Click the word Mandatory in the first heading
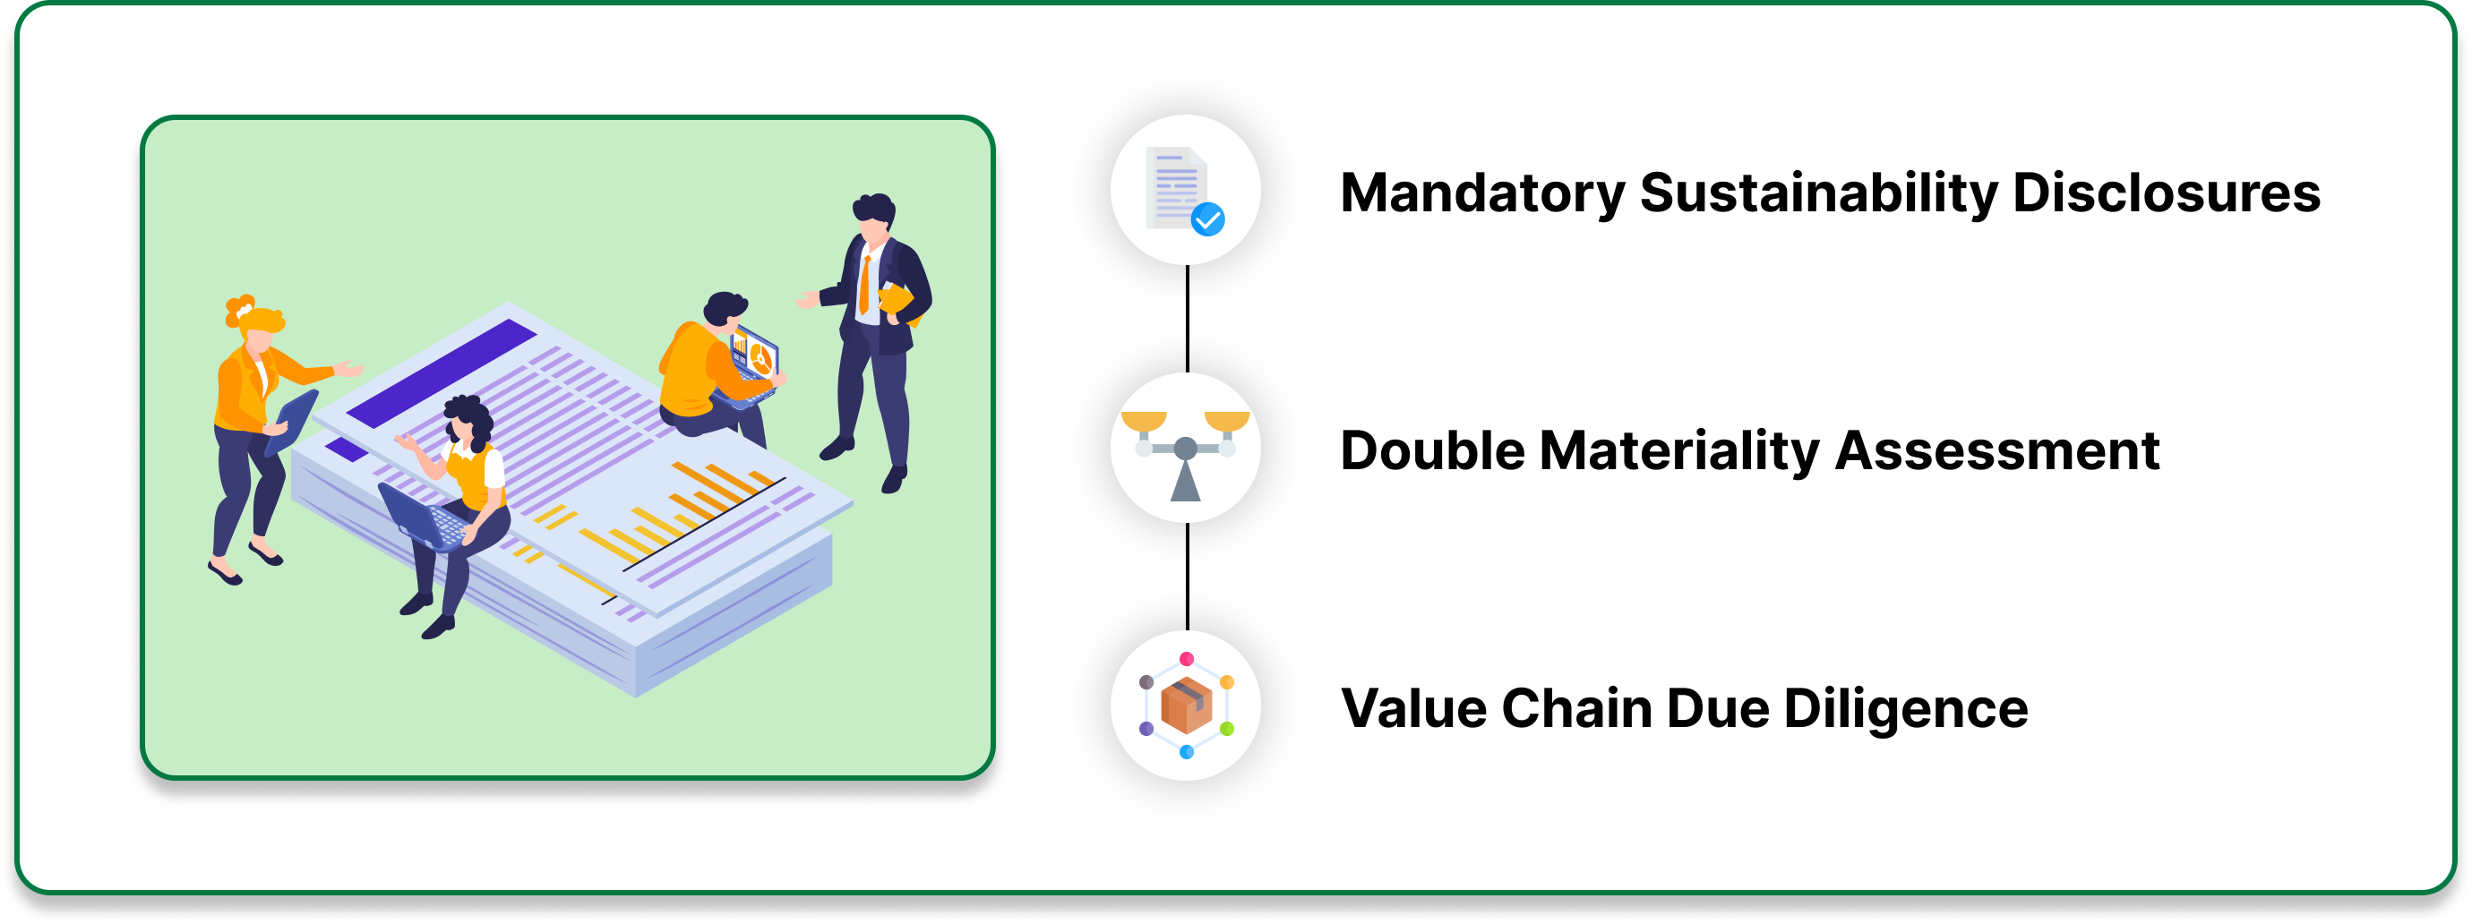[1481, 192]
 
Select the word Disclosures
[2166, 192]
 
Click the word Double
[1432, 451]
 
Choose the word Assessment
[1997, 451]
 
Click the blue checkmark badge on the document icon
[1207, 219]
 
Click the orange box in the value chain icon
[1186, 706]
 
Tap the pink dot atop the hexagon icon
[1186, 659]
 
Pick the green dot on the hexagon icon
[1226, 729]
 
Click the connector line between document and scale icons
[1187, 319]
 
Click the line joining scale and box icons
[1187, 576]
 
